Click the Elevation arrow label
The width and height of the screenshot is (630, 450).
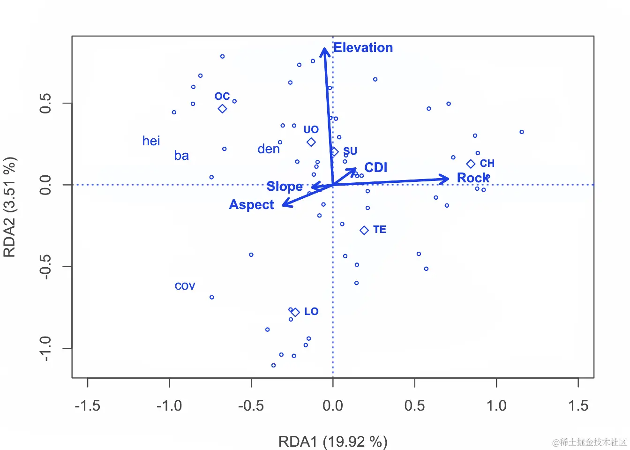363,48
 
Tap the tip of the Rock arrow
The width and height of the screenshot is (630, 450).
449,178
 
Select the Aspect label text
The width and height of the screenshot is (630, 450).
251,205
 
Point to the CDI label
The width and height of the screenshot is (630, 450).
375,167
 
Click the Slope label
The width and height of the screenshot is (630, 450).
284,187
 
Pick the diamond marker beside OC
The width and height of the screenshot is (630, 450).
222,109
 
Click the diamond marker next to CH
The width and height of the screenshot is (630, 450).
471,164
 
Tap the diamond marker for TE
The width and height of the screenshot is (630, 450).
364,230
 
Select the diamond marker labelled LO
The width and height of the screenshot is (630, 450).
295,312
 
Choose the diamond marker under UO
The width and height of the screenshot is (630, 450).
311,142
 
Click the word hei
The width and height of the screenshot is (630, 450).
151,141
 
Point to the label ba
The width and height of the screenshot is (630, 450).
181,156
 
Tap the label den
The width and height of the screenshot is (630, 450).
269,149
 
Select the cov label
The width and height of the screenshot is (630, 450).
185,286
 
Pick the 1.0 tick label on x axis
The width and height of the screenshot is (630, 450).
496,405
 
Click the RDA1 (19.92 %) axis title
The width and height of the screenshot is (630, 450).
333,442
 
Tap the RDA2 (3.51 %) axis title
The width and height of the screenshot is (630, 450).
10,207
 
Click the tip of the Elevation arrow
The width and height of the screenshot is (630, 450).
324,48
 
